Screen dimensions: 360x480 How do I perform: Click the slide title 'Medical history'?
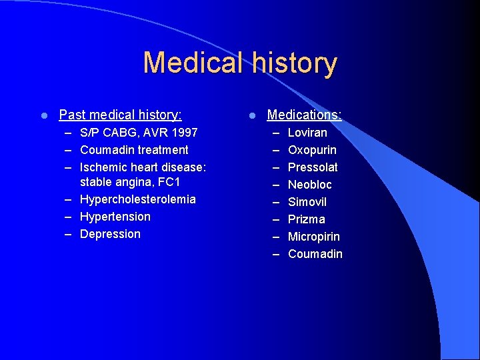pos(240,63)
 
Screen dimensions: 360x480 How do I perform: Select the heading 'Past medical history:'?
pos(120,115)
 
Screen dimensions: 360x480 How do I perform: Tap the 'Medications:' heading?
pos(304,115)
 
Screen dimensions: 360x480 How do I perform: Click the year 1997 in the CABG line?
pos(183,133)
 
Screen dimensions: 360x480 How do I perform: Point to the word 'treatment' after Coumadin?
pos(163,150)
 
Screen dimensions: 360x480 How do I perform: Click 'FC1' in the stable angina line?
pos(170,182)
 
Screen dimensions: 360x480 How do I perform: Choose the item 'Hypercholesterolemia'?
pos(137,199)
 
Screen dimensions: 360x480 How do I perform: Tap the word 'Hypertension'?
pos(115,217)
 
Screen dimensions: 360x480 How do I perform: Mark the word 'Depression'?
pos(110,234)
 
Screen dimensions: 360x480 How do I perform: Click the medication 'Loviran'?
pos(307,133)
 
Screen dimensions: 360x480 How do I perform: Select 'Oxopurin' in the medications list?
pos(312,150)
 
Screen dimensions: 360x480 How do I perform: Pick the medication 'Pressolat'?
pos(313,167)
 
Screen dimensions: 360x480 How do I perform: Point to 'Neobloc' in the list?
pos(309,185)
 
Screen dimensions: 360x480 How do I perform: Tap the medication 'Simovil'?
pos(307,202)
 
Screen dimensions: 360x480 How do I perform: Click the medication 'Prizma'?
pos(306,219)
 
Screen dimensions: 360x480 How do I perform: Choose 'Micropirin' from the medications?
pos(313,237)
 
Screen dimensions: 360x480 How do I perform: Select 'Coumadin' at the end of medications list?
pos(315,254)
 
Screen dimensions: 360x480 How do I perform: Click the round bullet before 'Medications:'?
pos(252,116)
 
